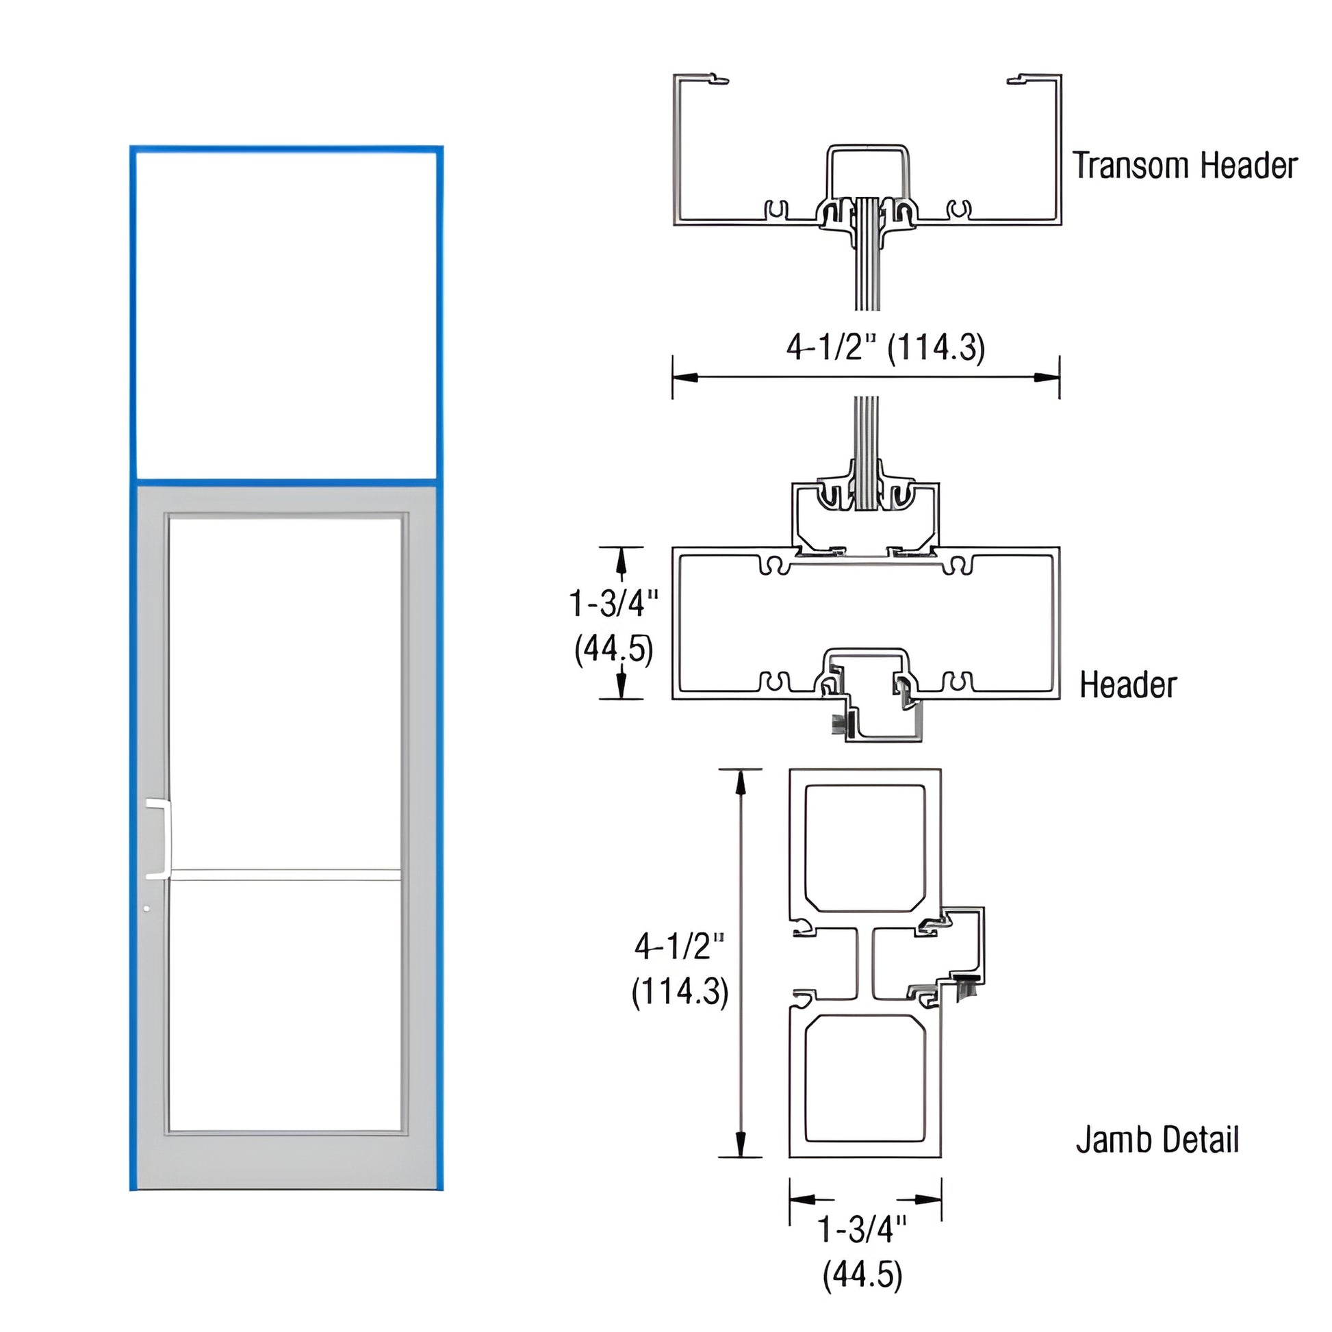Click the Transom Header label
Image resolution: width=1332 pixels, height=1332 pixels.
1184,166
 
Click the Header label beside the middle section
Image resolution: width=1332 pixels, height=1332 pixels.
1127,684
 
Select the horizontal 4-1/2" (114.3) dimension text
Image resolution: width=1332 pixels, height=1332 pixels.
885,348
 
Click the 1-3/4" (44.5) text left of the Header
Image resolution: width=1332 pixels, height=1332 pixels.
613,626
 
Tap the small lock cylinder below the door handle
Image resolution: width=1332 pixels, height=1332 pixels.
146,909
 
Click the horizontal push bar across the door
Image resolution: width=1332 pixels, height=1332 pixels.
285,875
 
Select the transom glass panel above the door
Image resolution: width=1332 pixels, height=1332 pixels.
285,313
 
